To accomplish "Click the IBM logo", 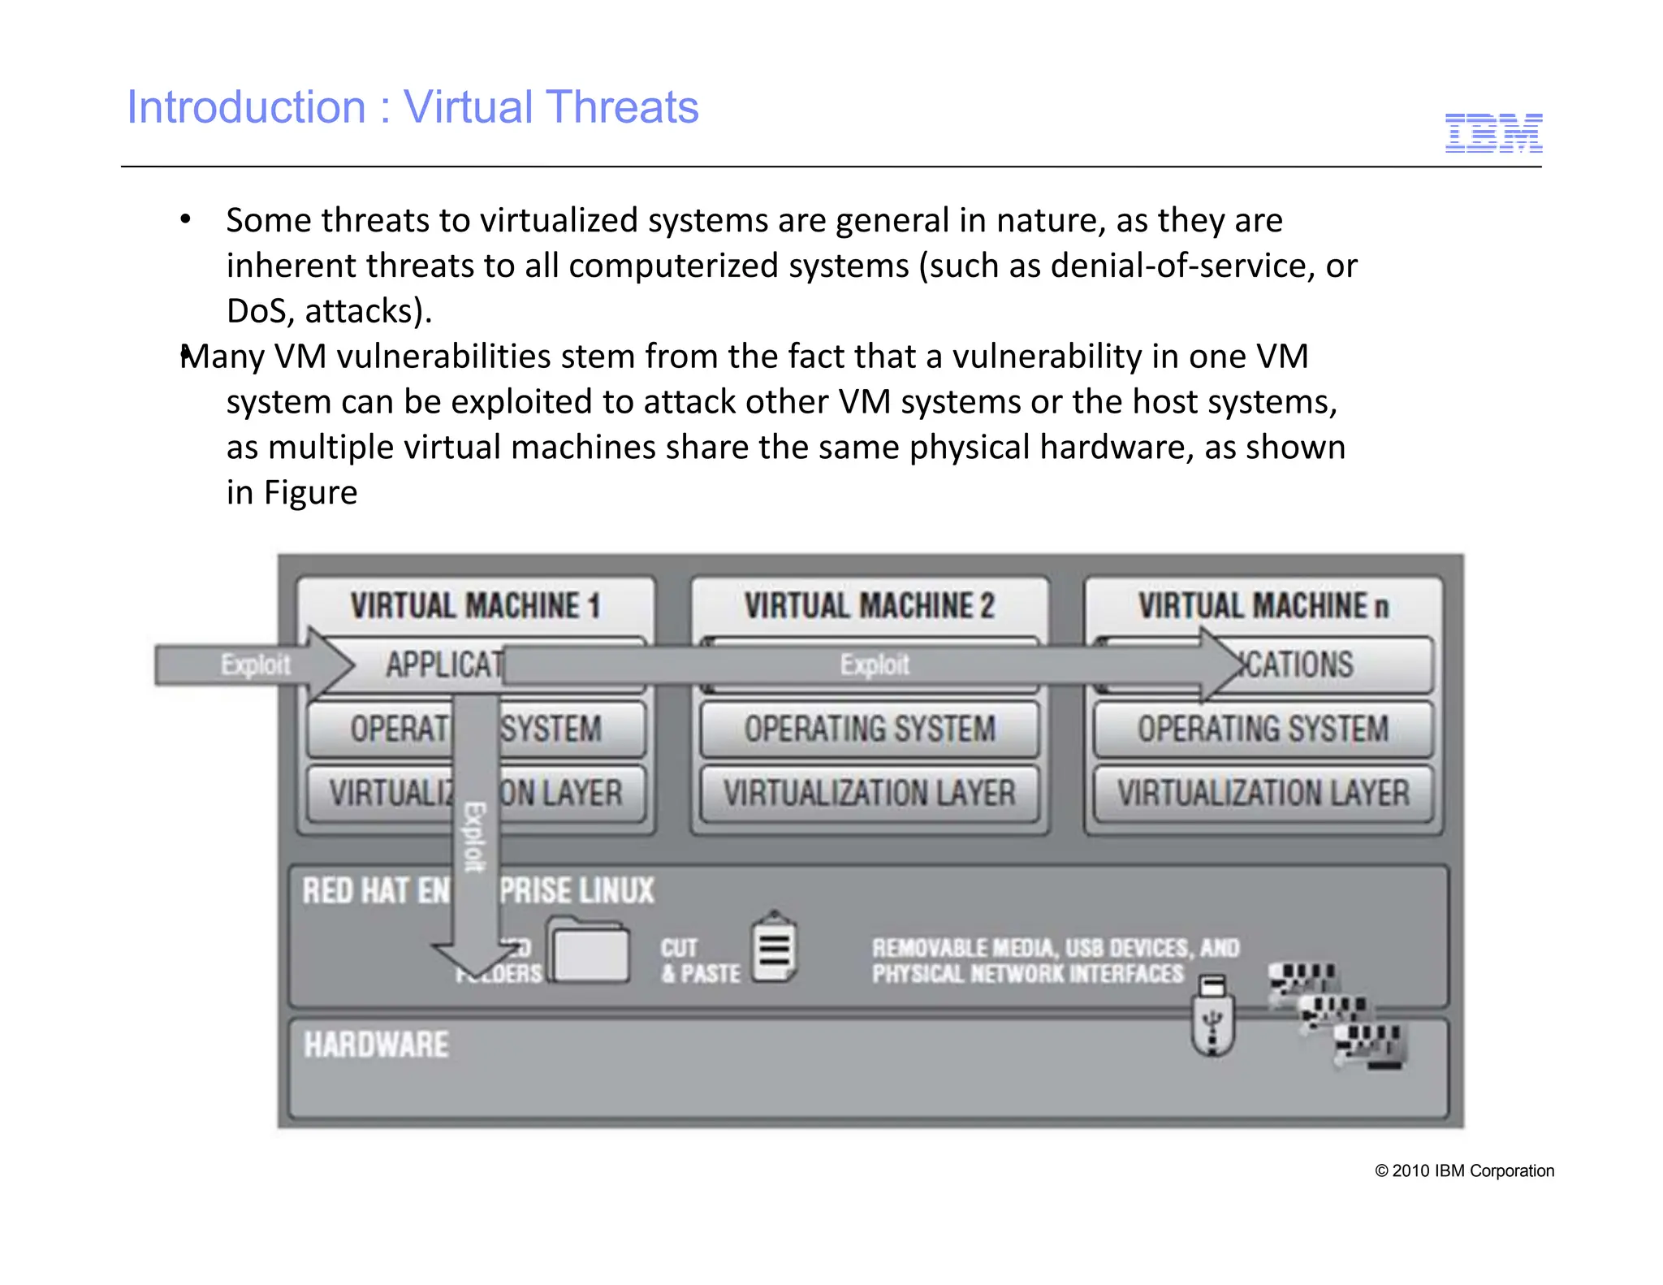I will [1493, 133].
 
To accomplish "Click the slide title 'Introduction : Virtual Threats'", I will [413, 107].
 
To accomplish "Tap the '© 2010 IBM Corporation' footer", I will [1464, 1170].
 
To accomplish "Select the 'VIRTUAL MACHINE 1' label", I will [475, 606].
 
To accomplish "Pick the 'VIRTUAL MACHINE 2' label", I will [869, 606].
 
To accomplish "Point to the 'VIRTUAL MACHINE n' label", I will [1263, 606].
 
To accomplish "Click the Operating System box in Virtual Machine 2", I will [869, 729].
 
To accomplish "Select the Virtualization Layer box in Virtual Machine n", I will [1263, 793].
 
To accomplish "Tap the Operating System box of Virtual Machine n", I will [1263, 729].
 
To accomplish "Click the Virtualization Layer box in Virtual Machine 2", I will [869, 793].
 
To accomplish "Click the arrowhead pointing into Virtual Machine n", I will [1230, 664].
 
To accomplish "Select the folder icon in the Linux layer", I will [590, 950].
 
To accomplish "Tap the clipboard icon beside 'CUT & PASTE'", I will [774, 948].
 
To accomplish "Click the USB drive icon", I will [1212, 1015].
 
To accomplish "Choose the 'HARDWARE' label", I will [376, 1045].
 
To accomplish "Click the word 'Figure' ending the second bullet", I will [311, 493].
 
